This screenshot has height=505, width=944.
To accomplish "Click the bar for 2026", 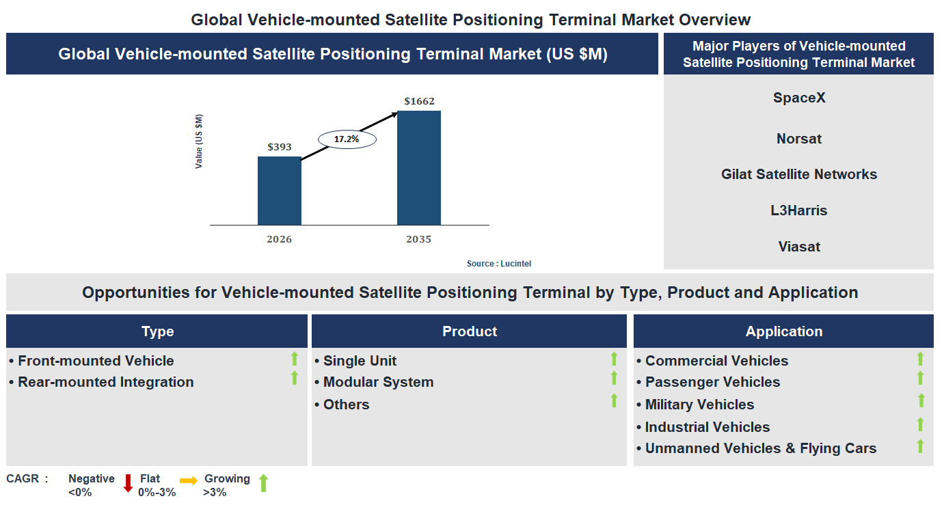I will [279, 191].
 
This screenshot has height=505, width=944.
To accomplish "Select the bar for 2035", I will [418, 168].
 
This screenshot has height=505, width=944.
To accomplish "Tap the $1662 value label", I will [418, 101].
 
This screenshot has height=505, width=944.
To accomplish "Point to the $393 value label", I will [279, 147].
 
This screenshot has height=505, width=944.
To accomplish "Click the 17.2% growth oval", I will [347, 139].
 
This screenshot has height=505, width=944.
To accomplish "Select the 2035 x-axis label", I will [418, 239].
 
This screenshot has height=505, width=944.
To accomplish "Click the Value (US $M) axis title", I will [199, 141].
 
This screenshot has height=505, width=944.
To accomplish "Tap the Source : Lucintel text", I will [498, 264].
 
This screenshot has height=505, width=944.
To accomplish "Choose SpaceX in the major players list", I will [798, 98].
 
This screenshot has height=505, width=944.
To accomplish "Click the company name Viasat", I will [798, 247].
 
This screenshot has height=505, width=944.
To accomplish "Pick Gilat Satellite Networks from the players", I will [798, 174].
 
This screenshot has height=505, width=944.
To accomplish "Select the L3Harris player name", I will [798, 210].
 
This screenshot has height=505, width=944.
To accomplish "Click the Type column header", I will [157, 331].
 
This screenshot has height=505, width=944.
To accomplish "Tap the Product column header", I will [469, 331].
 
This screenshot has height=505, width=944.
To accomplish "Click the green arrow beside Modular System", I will [614, 379].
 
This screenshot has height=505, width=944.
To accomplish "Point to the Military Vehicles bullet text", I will [699, 405].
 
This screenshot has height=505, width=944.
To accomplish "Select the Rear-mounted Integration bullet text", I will [105, 382].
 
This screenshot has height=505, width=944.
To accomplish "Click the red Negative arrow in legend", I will [128, 483].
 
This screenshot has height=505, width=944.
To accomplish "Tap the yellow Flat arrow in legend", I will [189, 481].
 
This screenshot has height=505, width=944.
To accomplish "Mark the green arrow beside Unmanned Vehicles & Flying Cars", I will [920, 447].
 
